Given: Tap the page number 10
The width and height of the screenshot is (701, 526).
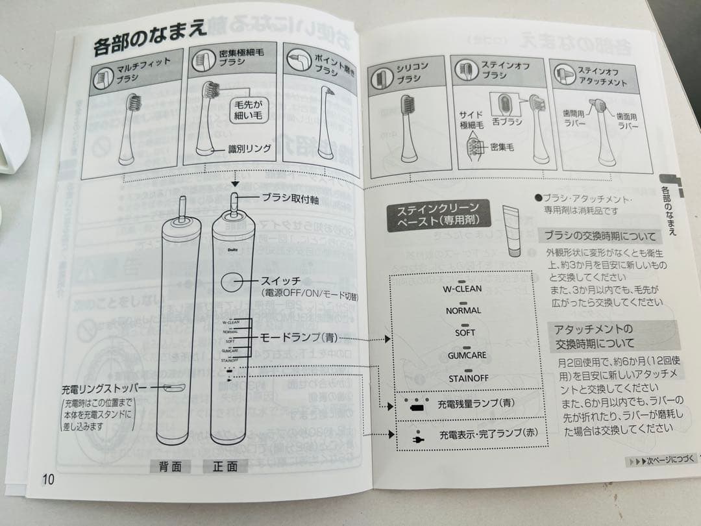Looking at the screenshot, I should (x=49, y=479).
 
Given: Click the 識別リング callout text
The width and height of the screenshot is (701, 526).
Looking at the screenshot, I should (x=249, y=149).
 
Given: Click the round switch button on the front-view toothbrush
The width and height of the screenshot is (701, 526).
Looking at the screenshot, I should (x=232, y=281).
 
